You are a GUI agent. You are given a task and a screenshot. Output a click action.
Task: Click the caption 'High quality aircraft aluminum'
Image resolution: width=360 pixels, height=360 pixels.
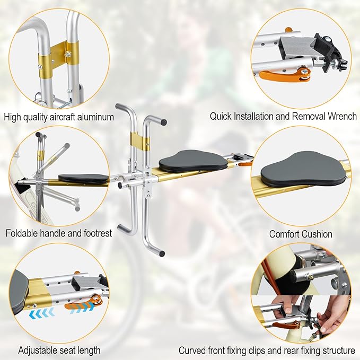(x=59, y=117)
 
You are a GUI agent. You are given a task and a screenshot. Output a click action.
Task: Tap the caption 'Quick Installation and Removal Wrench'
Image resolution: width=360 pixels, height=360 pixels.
(x=283, y=116)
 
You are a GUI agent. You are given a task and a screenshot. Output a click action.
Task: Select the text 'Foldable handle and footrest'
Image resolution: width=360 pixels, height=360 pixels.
(x=59, y=233)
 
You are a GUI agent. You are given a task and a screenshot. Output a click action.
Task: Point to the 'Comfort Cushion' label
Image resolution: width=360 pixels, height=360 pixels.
(x=301, y=234)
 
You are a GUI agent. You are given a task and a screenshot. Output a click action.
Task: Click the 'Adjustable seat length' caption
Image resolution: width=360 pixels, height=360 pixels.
(x=59, y=350)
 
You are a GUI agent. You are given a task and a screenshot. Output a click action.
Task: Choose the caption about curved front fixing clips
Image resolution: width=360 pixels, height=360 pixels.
(x=267, y=350)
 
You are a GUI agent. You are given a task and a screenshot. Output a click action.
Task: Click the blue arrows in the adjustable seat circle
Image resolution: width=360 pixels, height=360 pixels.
(x=41, y=313)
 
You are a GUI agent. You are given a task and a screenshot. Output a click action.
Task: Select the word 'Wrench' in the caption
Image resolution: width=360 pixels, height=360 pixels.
(x=342, y=116)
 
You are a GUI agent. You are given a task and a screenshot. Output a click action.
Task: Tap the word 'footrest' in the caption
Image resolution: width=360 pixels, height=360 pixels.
(x=95, y=233)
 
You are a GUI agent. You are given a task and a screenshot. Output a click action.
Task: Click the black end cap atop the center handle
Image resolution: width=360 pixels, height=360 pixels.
(x=163, y=121)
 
